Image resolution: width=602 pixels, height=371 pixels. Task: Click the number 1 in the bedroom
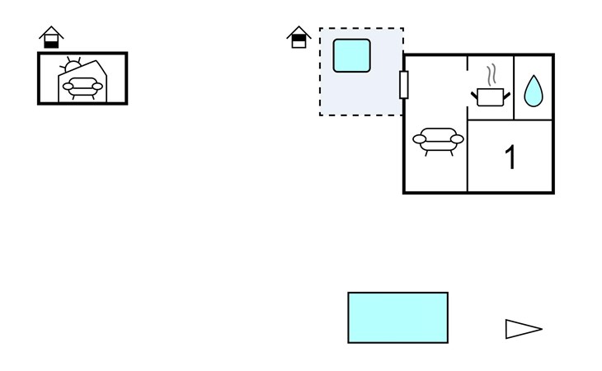(x=510, y=157)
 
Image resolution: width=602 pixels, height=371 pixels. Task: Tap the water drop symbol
(x=534, y=92)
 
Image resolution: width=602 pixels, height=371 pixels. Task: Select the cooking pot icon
(x=491, y=97)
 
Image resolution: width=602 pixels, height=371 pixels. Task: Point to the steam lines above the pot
(x=491, y=75)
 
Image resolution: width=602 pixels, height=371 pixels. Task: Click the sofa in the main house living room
(x=438, y=141)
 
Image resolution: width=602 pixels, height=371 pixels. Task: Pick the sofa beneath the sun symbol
(x=82, y=88)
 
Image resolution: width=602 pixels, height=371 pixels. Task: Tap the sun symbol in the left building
(x=72, y=65)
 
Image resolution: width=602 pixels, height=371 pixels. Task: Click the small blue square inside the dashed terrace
(x=351, y=55)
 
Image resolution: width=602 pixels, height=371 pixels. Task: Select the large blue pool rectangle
(x=397, y=317)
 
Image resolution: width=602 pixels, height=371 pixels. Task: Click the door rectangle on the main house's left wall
(x=403, y=85)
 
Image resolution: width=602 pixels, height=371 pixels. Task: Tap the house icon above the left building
(x=51, y=37)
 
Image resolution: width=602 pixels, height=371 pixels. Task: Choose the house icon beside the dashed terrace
(x=299, y=37)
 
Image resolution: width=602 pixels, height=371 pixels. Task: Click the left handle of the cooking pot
(x=474, y=95)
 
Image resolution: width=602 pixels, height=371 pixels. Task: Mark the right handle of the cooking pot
(x=507, y=95)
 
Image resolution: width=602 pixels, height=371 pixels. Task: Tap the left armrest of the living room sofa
(x=419, y=139)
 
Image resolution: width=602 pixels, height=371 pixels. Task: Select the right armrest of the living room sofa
(x=457, y=139)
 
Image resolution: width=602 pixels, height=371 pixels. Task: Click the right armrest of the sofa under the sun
(x=98, y=87)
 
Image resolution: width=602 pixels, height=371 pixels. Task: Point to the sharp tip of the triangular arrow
(x=542, y=329)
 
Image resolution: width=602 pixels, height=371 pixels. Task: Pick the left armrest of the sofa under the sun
(x=68, y=87)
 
